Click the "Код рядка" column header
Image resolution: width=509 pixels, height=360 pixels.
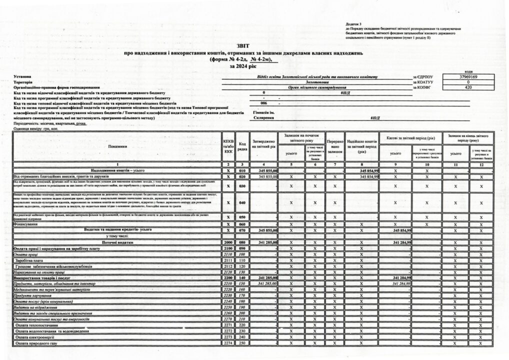[x=242, y=146]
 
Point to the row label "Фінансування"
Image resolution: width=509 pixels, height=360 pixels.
[x=27, y=224]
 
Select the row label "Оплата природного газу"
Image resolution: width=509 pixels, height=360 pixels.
[x=36, y=343]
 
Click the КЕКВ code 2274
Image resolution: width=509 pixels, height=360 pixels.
[x=228, y=343]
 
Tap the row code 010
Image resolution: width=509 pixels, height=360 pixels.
[x=242, y=171]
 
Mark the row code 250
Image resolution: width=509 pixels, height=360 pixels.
[x=242, y=343]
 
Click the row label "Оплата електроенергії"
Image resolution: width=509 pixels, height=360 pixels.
[x=34, y=337]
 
